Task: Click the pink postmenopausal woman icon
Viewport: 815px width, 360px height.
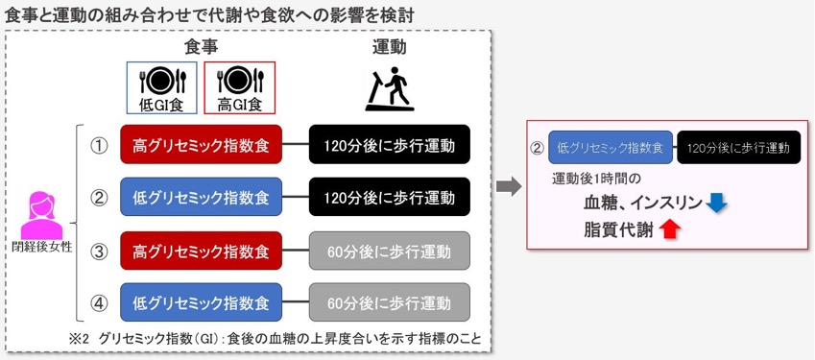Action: [x=41, y=215]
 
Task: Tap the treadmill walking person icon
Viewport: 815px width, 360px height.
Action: [x=390, y=89]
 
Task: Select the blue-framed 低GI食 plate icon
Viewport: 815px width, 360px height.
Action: [x=161, y=87]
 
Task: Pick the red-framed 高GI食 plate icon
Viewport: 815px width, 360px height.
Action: [x=240, y=87]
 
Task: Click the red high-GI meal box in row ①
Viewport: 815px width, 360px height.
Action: [x=202, y=144]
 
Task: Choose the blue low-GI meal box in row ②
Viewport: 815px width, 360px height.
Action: [x=202, y=198]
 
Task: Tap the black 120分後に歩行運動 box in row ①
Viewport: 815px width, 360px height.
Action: [x=390, y=144]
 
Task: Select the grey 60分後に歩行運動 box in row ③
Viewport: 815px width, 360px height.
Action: [x=390, y=251]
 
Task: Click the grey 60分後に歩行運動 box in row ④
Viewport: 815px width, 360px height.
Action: [x=390, y=302]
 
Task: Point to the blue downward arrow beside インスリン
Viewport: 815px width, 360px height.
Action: [x=717, y=204]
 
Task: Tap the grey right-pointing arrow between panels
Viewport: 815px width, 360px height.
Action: [x=509, y=186]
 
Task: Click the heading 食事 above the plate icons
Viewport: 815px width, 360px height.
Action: [x=202, y=47]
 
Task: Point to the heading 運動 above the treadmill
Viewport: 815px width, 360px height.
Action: [x=390, y=47]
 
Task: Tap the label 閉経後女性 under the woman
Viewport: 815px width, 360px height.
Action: [x=41, y=248]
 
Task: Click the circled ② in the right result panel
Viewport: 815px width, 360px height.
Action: [x=537, y=148]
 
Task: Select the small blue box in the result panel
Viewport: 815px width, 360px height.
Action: [x=611, y=148]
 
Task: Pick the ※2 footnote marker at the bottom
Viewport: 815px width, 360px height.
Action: [x=80, y=339]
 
